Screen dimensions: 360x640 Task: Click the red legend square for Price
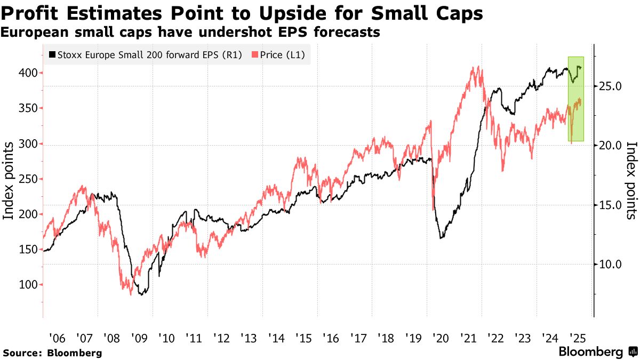pos(255,54)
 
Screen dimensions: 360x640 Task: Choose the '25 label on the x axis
pos(578,338)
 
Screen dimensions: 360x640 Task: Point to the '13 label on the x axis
pos(249,338)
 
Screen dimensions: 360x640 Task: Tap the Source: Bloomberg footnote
pos(52,353)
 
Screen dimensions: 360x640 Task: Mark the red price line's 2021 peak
pos(474,68)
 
